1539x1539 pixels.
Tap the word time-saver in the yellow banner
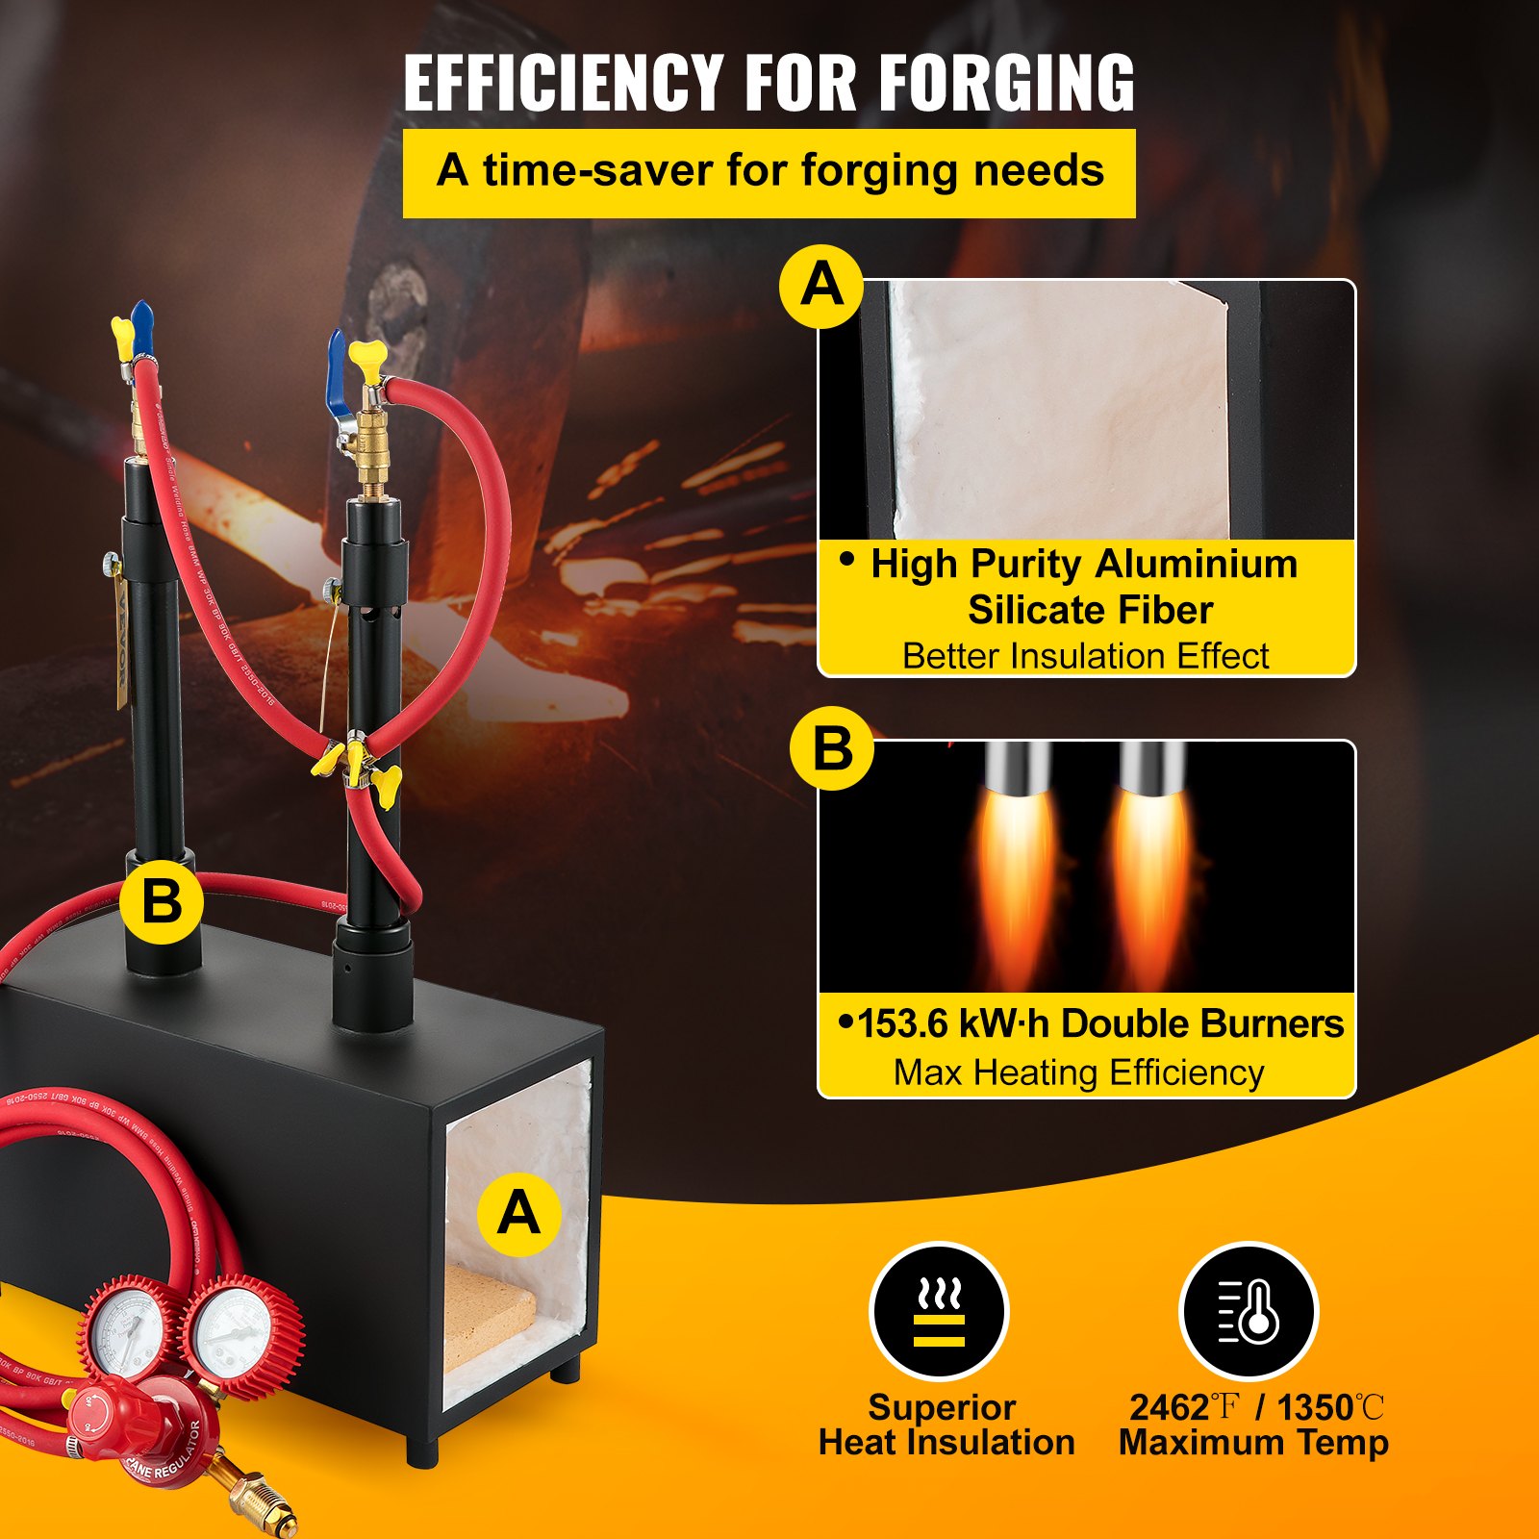pyautogui.click(x=596, y=171)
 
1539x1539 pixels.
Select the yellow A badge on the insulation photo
pyautogui.click(x=820, y=286)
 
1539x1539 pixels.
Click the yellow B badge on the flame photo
pyautogui.click(x=832, y=747)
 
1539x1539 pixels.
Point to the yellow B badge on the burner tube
pyautogui.click(x=162, y=902)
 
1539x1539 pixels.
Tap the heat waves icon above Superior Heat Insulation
pyautogui.click(x=939, y=1312)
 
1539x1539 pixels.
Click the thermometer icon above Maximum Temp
pyautogui.click(x=1249, y=1312)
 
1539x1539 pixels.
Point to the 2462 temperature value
pyautogui.click(x=1170, y=1408)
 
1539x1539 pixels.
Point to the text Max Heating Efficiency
pyautogui.click(x=1078, y=1072)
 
